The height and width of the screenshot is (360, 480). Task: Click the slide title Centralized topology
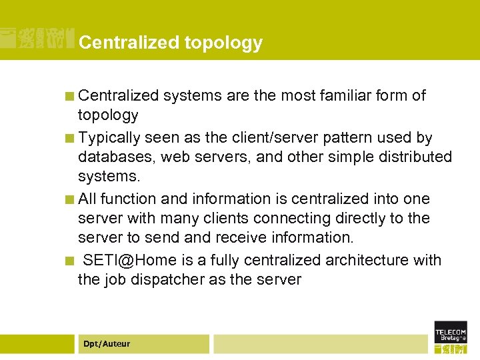tap(170, 43)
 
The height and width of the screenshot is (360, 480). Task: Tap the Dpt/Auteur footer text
tap(107, 344)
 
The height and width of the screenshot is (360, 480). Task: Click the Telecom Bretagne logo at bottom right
tap(451, 337)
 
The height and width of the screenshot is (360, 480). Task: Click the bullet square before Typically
tap(69, 139)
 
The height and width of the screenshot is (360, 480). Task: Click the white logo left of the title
tap(37, 39)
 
